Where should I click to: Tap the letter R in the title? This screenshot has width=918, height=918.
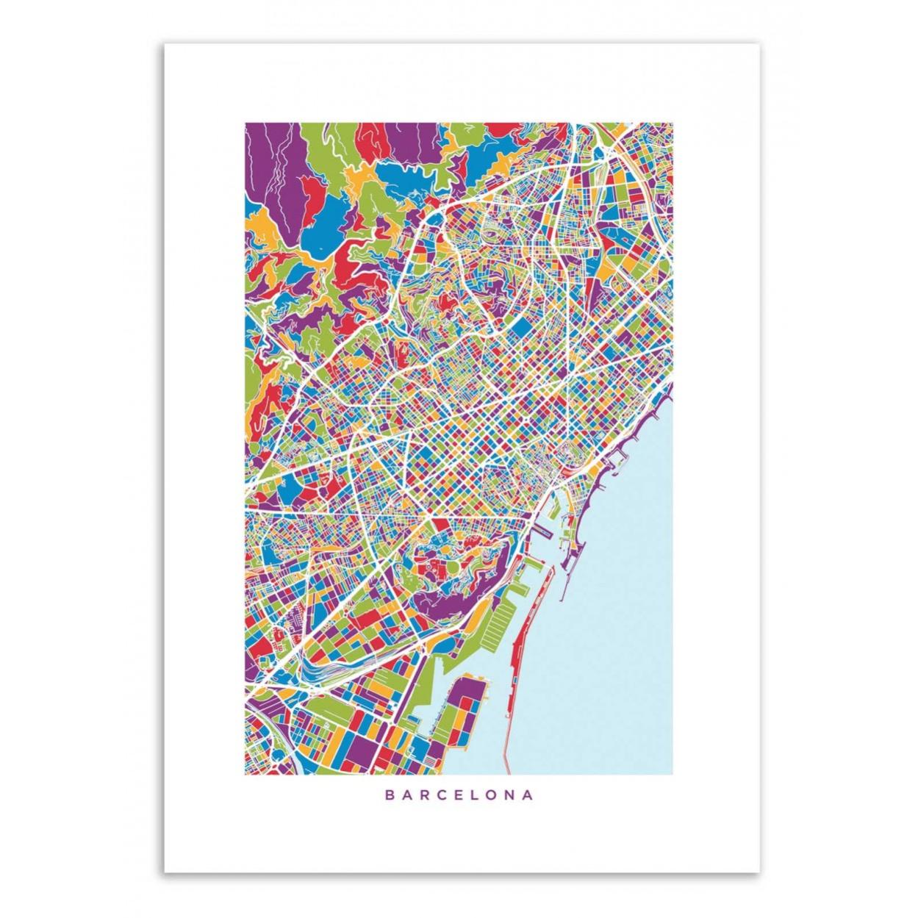pyautogui.click(x=425, y=795)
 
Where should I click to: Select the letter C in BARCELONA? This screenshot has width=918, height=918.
pyautogui.click(x=442, y=795)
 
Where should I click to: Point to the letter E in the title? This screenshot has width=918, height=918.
pyautogui.click(x=459, y=795)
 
